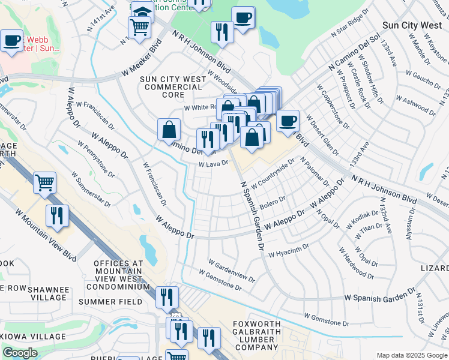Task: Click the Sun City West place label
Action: (x=414, y=26)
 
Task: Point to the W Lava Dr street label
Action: (x=213, y=163)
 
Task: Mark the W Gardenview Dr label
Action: (x=232, y=269)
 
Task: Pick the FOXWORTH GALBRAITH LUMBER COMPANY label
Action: (x=256, y=335)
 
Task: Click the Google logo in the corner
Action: (x=20, y=353)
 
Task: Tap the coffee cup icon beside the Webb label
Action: (x=11, y=41)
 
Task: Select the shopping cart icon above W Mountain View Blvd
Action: (x=45, y=182)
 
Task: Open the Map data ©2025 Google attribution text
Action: (x=411, y=355)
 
